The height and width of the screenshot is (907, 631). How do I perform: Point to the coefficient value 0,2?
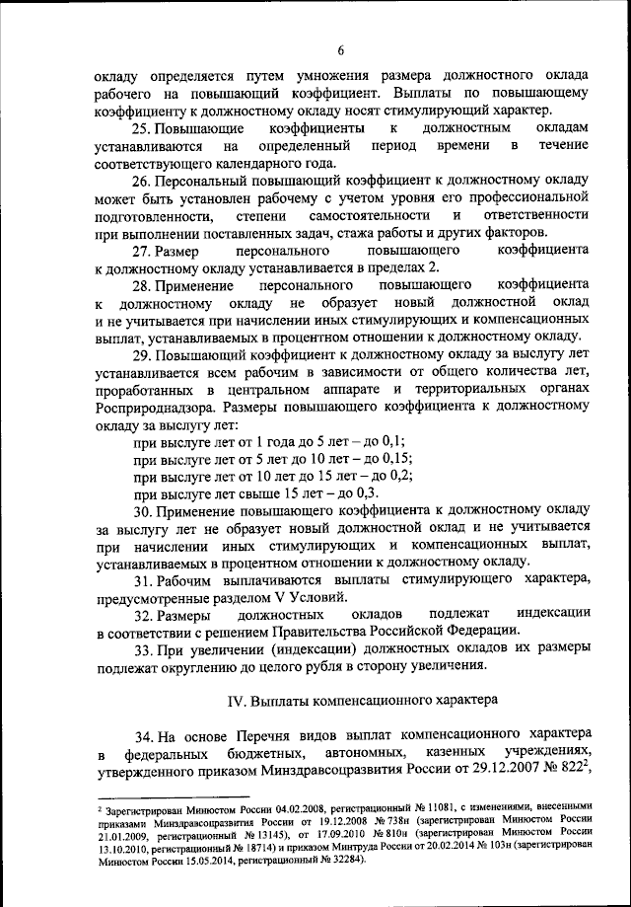[x=396, y=475]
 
